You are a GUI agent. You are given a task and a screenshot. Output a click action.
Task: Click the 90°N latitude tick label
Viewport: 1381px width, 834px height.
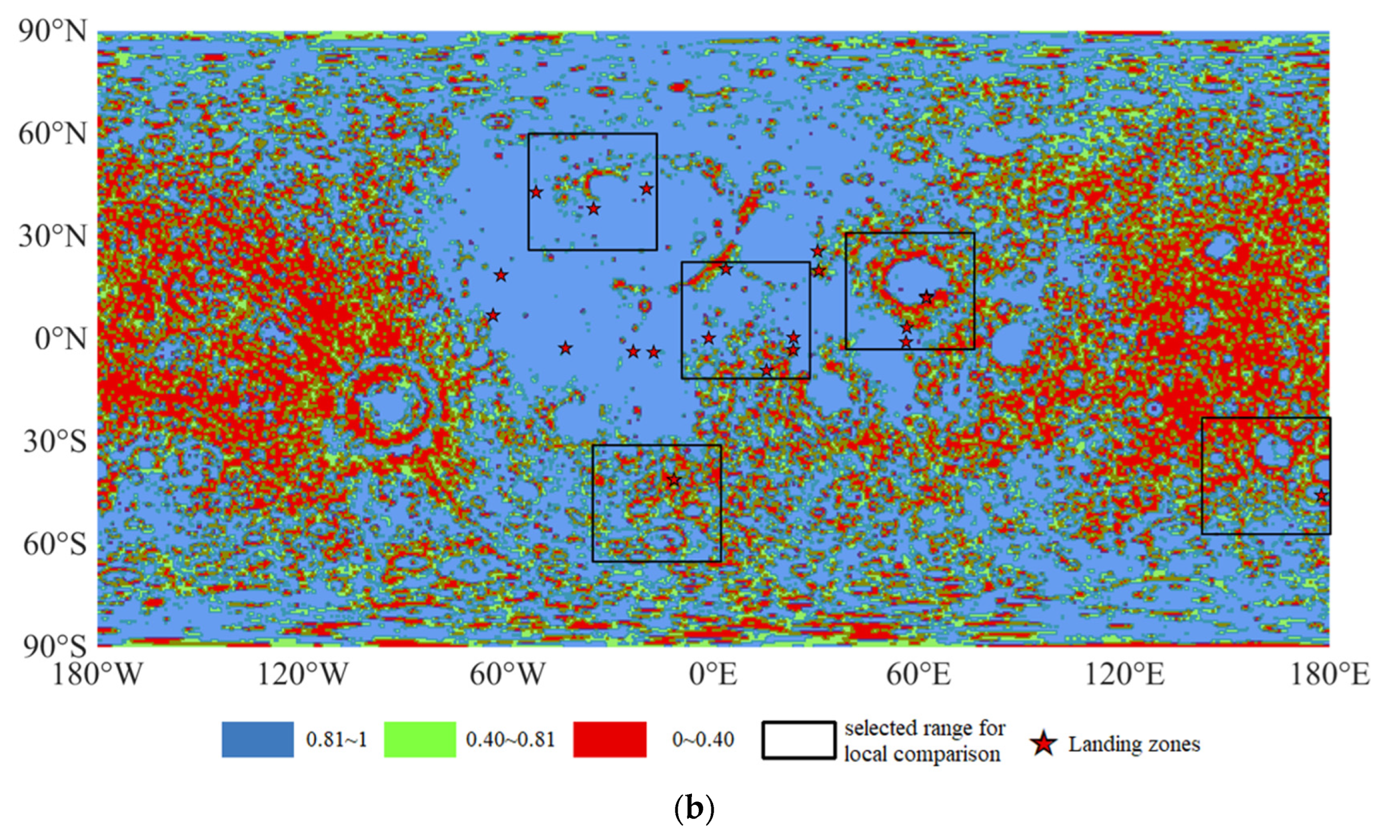tap(53, 31)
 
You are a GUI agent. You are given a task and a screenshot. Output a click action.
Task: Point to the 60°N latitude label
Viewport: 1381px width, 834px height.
tap(53, 134)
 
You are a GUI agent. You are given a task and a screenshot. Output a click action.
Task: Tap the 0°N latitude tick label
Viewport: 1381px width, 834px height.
tap(61, 339)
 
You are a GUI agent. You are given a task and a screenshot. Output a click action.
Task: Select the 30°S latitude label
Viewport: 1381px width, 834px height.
tap(55, 442)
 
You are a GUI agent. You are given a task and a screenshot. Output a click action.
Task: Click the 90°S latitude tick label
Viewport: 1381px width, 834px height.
tap(55, 646)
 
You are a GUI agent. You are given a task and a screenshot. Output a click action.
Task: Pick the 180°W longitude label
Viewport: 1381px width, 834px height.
tap(97, 675)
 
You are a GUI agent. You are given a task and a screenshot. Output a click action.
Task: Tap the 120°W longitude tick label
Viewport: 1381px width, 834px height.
tap(302, 675)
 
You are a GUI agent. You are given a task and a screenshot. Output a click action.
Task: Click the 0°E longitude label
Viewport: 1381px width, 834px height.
tap(713, 675)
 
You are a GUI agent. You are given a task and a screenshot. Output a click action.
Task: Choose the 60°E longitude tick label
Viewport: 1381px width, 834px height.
tap(918, 675)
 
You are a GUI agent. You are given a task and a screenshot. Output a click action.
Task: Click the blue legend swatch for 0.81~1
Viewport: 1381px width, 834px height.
tap(258, 740)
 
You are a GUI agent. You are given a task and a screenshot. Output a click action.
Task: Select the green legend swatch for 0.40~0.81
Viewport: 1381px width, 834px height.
tap(419, 740)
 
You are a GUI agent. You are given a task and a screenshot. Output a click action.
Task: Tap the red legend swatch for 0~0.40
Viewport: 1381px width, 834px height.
tap(610, 740)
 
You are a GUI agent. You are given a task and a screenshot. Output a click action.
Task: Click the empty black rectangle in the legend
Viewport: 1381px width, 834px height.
tap(798, 740)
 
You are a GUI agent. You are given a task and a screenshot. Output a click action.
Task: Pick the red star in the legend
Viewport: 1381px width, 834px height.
tap(1043, 744)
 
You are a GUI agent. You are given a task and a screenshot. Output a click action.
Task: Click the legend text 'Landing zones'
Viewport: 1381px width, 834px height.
tap(1134, 744)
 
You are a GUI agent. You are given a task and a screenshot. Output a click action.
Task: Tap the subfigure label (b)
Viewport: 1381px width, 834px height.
tap(694, 808)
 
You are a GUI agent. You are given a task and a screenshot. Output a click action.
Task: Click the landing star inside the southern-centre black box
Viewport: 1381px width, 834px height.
tap(674, 480)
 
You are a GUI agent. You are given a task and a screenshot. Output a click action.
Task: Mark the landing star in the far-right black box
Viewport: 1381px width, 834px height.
tap(1321, 495)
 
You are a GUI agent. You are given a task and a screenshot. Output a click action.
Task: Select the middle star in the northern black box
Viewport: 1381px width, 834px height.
tap(594, 209)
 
